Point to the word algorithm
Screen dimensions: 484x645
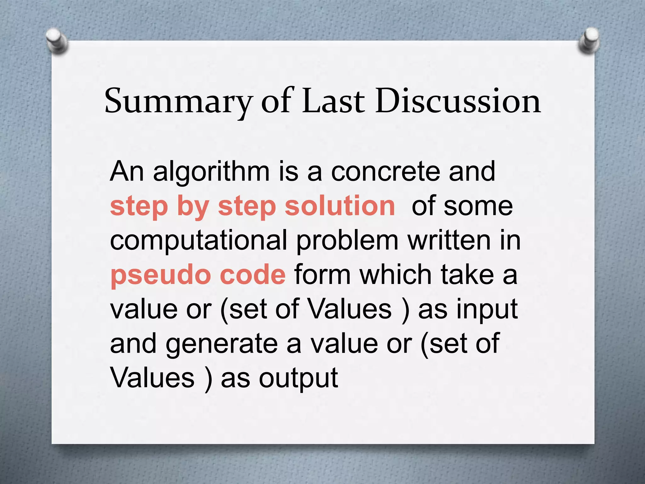click(211, 172)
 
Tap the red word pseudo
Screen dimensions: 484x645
click(160, 275)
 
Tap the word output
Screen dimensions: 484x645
click(298, 378)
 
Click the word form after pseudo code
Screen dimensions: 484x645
click(322, 274)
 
